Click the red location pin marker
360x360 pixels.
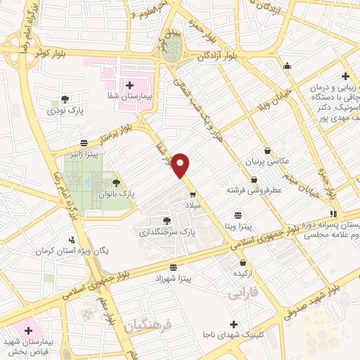click(x=181, y=165)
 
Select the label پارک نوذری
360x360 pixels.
click(x=65, y=111)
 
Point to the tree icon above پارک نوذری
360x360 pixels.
click(x=65, y=99)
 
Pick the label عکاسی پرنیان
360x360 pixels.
click(x=266, y=162)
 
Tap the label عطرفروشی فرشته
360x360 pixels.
click(x=253, y=190)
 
